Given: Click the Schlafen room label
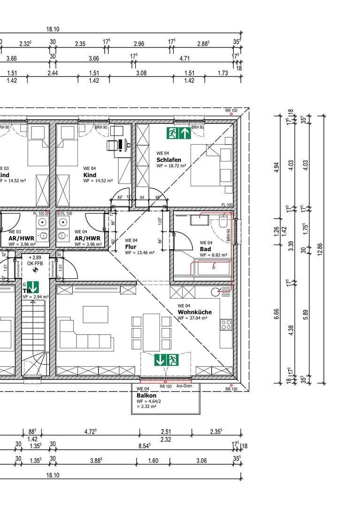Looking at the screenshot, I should [169, 160].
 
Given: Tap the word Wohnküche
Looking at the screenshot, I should [194, 312].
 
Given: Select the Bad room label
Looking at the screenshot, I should [205, 249].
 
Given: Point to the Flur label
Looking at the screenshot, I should [130, 246].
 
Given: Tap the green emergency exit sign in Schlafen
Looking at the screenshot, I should [178, 133].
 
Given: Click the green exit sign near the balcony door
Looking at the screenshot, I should [167, 361].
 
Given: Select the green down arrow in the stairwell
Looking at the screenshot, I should [33, 287].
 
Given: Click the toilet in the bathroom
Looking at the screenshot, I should [223, 219].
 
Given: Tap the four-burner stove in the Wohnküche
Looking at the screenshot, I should [226, 324].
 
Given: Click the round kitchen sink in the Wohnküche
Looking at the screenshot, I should [216, 292].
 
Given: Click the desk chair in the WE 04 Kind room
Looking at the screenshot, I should [113, 146].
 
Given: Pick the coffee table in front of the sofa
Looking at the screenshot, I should [95, 314].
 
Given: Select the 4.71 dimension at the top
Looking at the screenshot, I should [184, 59].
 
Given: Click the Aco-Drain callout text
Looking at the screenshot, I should [184, 386].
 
